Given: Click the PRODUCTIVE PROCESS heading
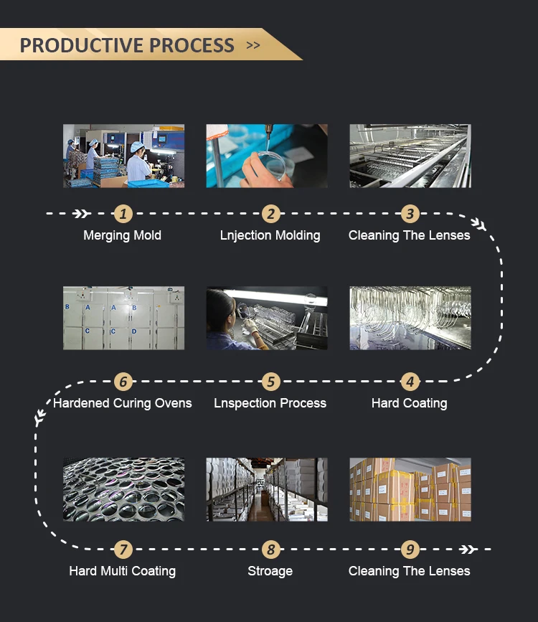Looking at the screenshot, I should point(127,45).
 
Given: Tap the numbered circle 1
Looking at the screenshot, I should point(123,214).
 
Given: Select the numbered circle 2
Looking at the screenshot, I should point(270,214).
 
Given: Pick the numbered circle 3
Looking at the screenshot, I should point(410,214).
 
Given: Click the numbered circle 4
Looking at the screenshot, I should point(410,382).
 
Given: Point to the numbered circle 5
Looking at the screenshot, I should point(270,382).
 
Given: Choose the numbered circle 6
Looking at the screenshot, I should point(123,382).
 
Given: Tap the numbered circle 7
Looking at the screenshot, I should point(123,550).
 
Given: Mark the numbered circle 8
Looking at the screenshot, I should point(270,550).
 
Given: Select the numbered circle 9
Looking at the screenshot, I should point(410,550).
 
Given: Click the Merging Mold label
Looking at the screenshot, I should point(123,235).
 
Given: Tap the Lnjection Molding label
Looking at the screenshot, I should point(270,235).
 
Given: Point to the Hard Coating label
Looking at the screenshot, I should point(410,403).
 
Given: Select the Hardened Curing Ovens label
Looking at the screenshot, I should point(123,403).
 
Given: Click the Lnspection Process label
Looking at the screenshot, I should point(270,403).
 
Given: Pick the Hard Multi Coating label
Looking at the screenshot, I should point(123,571).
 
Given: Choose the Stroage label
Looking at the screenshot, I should point(270,571).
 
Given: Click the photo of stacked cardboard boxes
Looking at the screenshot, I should point(410,489).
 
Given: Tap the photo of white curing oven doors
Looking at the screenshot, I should point(123,319).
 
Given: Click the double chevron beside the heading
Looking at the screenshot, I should point(253,45).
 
